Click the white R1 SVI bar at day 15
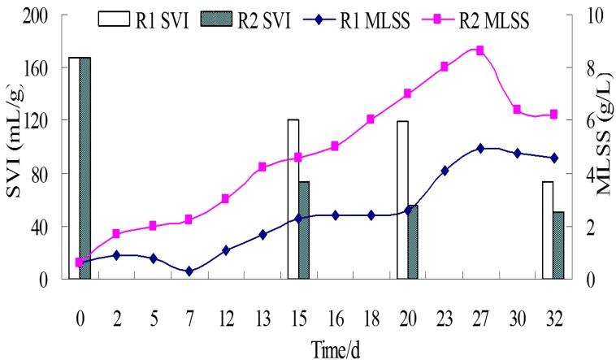[x=293, y=199]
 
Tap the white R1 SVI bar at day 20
[x=402, y=199]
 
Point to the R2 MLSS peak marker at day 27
[x=480, y=50]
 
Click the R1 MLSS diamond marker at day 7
[x=189, y=271]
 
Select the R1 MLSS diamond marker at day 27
[x=480, y=149]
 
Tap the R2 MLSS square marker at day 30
[x=517, y=109]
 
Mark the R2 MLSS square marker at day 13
[x=262, y=167]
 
